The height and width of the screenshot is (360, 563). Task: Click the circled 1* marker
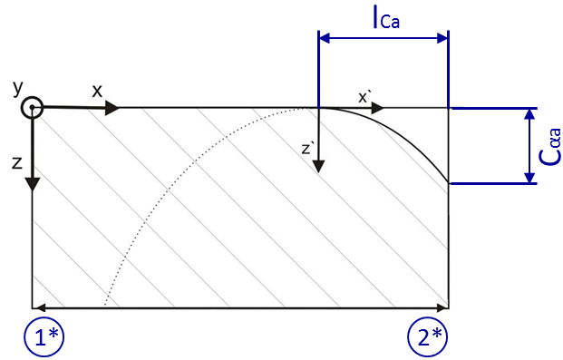tap(44, 337)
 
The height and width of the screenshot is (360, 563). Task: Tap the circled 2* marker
tap(428, 337)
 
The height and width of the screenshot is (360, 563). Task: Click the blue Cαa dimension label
tap(549, 147)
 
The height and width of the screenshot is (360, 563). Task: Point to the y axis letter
tap(17, 88)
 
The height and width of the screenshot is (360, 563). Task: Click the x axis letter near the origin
tap(97, 92)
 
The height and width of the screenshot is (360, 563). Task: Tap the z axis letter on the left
tap(17, 163)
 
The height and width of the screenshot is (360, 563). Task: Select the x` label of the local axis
tap(364, 98)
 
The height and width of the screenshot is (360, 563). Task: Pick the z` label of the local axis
tap(307, 149)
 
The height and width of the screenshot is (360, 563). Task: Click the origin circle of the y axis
tap(32, 107)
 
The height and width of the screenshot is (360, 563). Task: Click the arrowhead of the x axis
tap(112, 108)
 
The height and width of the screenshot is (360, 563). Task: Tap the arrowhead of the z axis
tap(33, 184)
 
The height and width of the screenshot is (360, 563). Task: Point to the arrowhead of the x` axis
tap(377, 108)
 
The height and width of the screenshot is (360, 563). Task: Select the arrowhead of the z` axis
tap(318, 166)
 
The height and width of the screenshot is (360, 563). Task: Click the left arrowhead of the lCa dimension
tap(325, 38)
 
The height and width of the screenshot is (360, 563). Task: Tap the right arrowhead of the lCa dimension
tap(442, 38)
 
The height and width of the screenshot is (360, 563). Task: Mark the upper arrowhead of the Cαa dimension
tap(529, 114)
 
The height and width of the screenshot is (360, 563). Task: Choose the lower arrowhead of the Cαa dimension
tap(529, 178)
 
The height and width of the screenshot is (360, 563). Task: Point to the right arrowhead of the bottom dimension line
tap(442, 307)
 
